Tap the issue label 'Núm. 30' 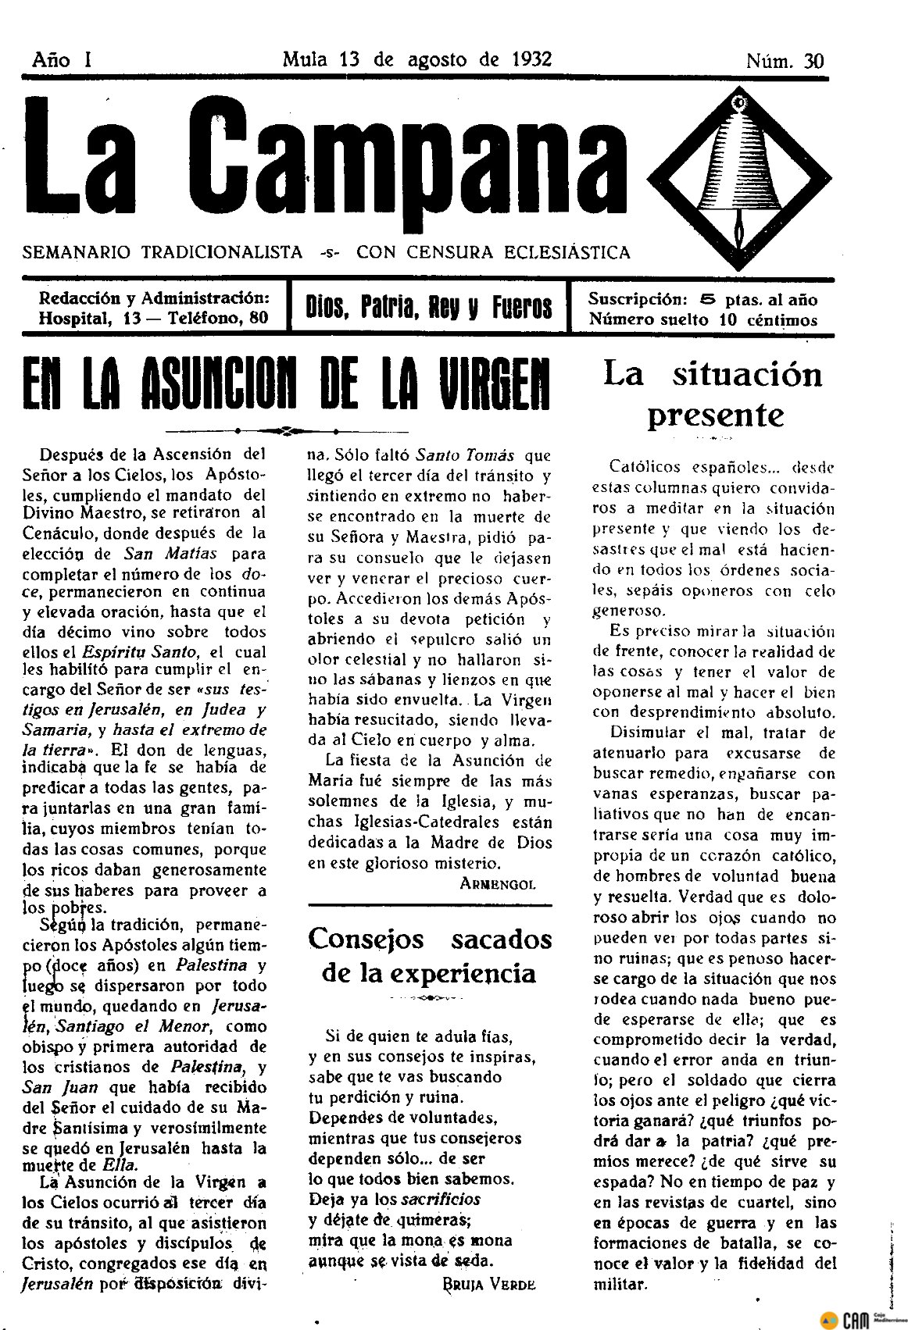pyautogui.click(x=785, y=61)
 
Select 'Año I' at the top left pyautogui.click(x=62, y=60)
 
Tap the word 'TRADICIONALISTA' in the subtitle pyautogui.click(x=222, y=252)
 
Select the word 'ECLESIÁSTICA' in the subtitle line pyautogui.click(x=557, y=252)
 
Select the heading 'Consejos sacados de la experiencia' pyautogui.click(x=430, y=955)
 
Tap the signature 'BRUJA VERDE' pyautogui.click(x=489, y=1284)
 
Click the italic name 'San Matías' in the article pyautogui.click(x=160, y=554)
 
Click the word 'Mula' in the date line pyautogui.click(x=306, y=59)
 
